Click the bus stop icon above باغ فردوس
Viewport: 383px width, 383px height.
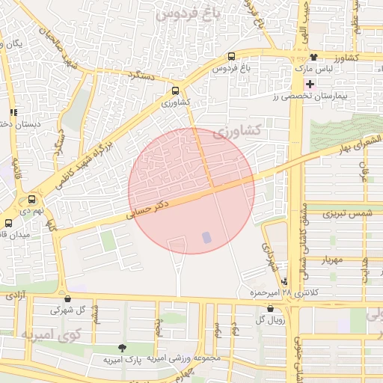231,57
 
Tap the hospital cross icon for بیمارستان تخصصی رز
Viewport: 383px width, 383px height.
310,83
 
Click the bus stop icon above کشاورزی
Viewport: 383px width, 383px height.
176,88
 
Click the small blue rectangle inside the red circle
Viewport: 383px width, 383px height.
206,237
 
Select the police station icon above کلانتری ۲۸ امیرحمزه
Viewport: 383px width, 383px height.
284,281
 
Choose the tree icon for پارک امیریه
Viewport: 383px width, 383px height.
122,348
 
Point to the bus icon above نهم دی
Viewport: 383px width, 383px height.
31,200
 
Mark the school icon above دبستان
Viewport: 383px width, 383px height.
12,113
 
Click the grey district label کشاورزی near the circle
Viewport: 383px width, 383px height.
236,131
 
